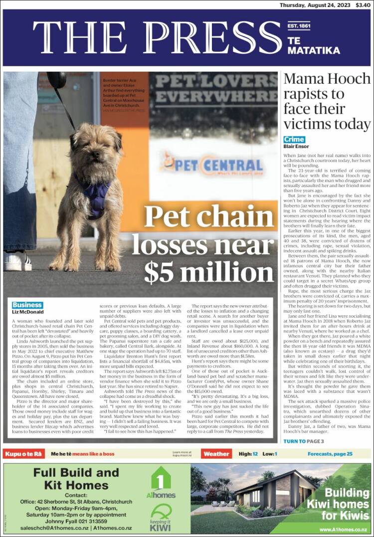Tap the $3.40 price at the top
tap(363, 5)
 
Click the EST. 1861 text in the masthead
tap(299, 25)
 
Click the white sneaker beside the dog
tap(17, 261)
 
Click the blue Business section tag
tap(27, 305)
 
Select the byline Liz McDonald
tap(28, 312)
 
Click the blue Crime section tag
tap(294, 140)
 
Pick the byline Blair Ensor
tap(296, 147)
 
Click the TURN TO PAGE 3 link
tap(304, 441)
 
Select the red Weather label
tap(216, 454)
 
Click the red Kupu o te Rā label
tap(23, 454)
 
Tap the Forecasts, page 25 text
tap(330, 454)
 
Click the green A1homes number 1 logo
tap(161, 481)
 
